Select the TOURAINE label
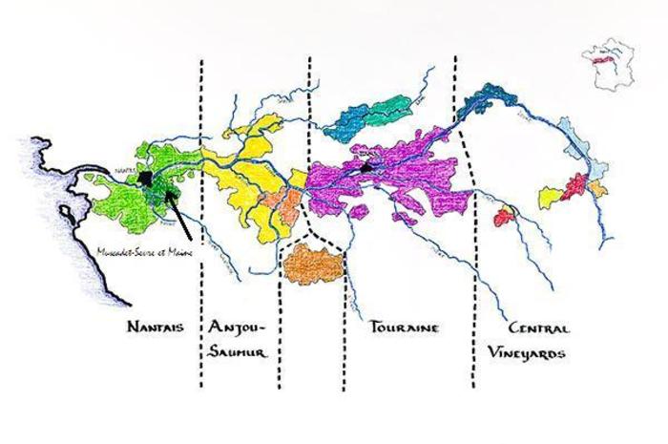pyautogui.click(x=403, y=328)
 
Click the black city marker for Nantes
pyautogui.click(x=144, y=179)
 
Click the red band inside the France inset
pyautogui.click(x=603, y=59)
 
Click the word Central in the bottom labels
pyautogui.click(x=540, y=328)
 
